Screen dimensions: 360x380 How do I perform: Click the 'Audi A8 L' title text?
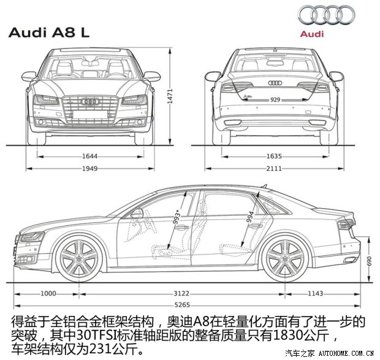(x=49, y=33)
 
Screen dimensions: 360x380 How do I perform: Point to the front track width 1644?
(x=89, y=156)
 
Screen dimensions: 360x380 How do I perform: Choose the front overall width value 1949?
(x=89, y=168)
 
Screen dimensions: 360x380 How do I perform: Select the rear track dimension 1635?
(x=275, y=156)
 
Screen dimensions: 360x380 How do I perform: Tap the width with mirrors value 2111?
(x=275, y=168)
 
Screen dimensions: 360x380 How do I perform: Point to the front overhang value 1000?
(x=48, y=294)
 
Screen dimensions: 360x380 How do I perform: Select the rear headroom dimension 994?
(x=250, y=219)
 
